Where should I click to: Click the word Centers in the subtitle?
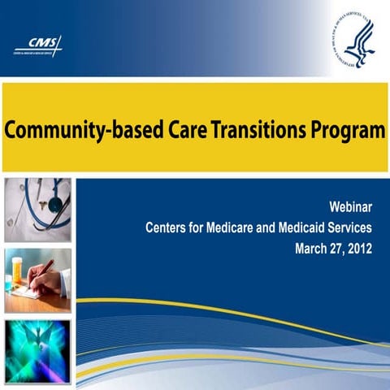coord(168,228)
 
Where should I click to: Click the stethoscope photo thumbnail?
coord(37,210)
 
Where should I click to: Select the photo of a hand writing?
coord(37,280)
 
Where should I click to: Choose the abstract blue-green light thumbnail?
coord(37,350)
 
